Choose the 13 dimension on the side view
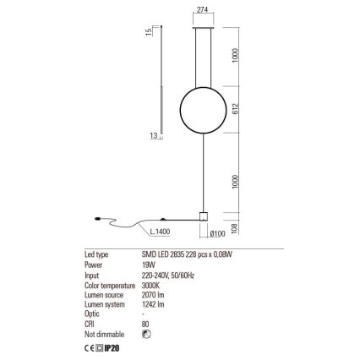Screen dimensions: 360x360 click(153, 135)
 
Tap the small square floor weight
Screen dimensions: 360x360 click(203, 216)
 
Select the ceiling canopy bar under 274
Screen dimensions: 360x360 click(202, 26)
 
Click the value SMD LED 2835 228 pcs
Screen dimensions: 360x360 click(185, 254)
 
